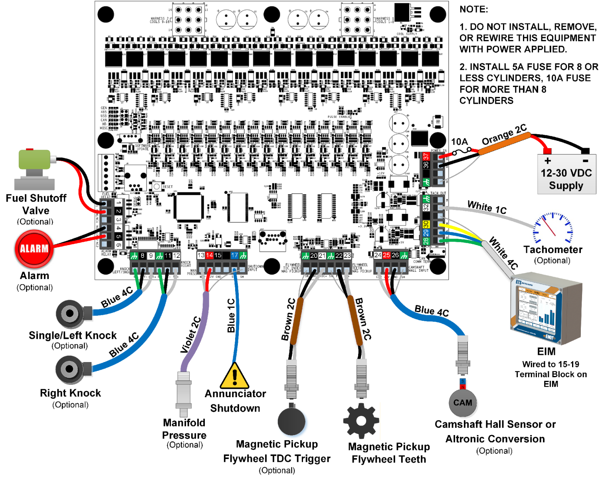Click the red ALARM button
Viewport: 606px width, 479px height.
34,249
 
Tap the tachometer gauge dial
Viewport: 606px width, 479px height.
553,228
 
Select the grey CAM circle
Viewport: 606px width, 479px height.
462,403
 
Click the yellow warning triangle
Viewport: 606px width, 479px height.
235,376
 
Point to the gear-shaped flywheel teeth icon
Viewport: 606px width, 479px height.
361,421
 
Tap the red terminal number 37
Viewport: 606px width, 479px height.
426,156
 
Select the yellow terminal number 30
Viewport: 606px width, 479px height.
426,224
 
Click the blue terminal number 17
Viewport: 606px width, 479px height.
234,255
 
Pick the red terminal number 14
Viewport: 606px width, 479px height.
209,255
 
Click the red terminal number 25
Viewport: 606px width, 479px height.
386,255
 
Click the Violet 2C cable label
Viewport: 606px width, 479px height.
190,335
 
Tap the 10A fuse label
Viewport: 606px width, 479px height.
459,142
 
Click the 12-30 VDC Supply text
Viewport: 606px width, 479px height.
566,179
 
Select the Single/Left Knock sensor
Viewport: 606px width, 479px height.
71,314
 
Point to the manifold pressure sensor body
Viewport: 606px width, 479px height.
184,393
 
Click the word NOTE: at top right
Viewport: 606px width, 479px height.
473,9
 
